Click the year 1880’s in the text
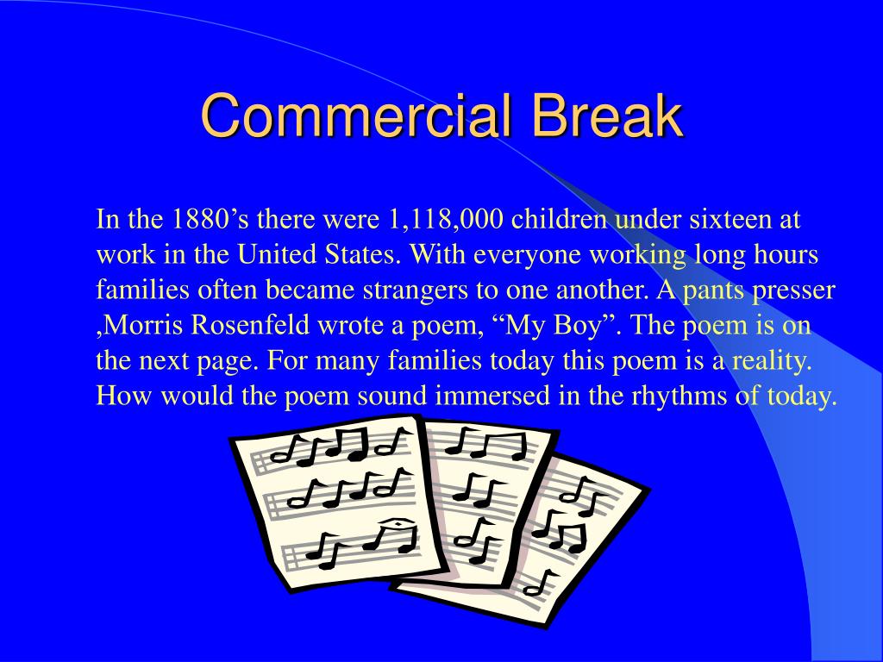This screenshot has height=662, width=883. click(209, 218)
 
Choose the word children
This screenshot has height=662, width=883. click(558, 218)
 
